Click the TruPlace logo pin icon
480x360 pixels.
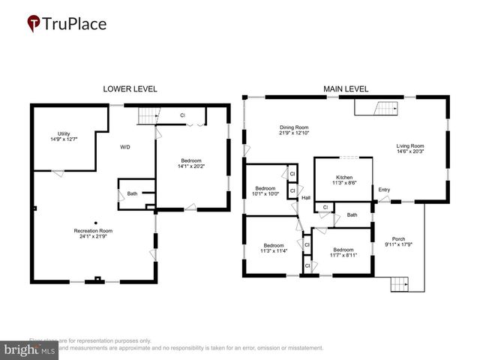[34, 24]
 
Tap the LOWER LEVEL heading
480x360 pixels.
[130, 88]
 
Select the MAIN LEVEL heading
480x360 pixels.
[346, 88]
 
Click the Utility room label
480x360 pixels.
[64, 133]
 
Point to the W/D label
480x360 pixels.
[124, 147]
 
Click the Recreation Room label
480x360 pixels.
[93, 230]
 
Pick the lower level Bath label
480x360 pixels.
[132, 193]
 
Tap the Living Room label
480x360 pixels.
[410, 145]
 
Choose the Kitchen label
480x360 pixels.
[344, 178]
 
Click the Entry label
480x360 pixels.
[384, 190]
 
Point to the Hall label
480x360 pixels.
[306, 198]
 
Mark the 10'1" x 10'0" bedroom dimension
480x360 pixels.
[266, 193]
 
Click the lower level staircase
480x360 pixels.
[148, 115]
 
